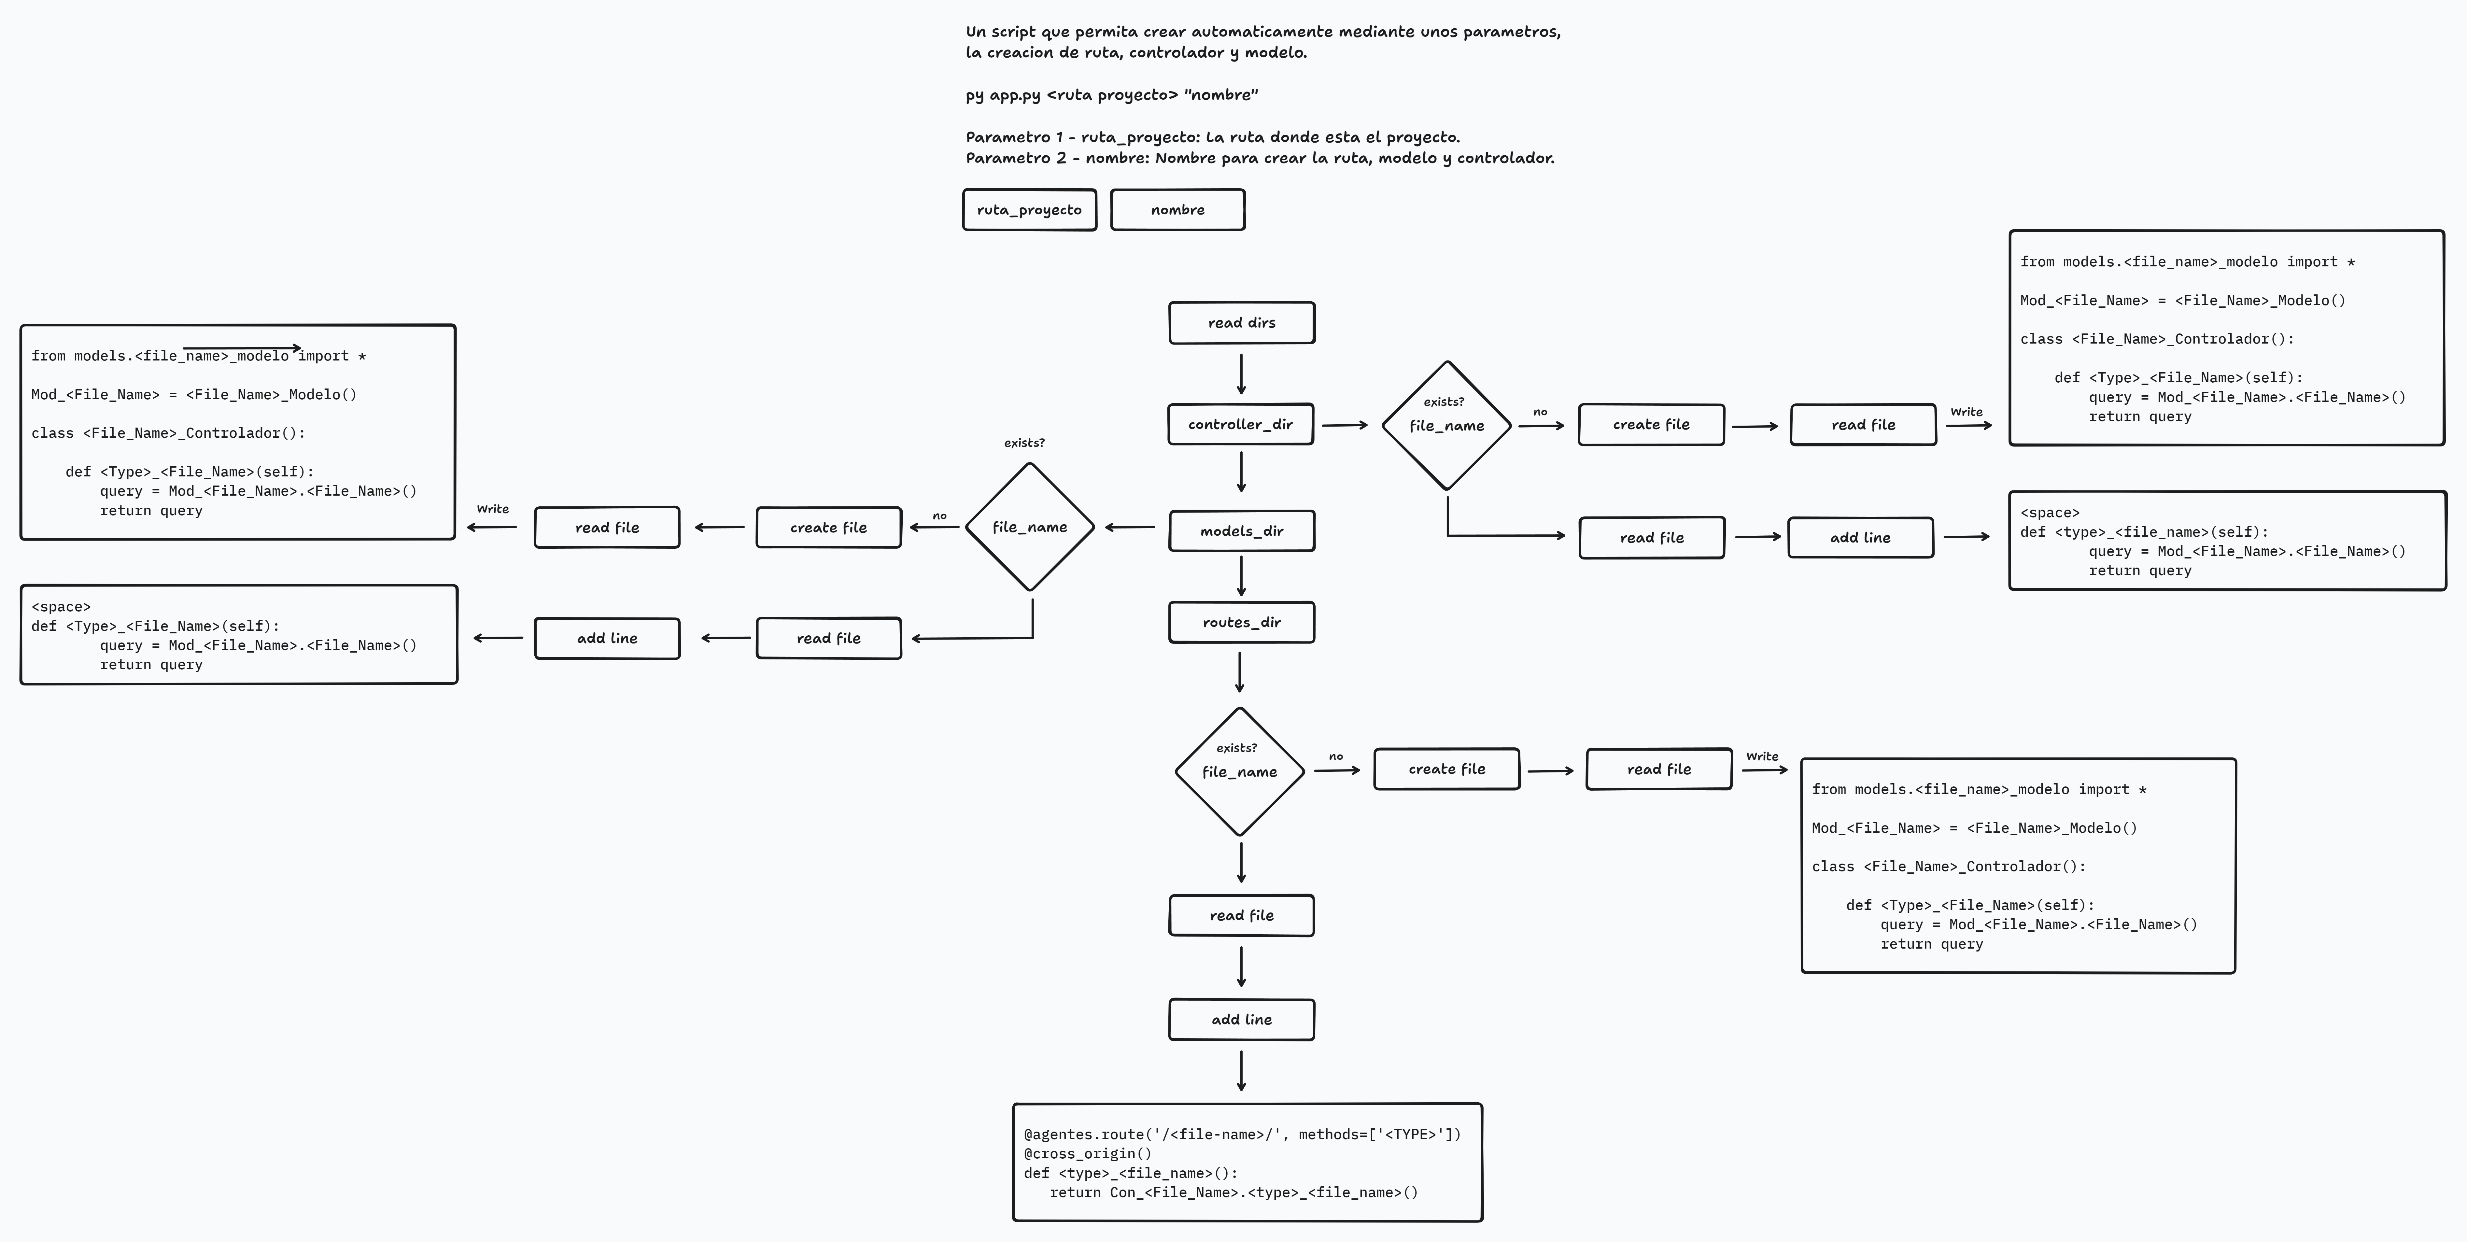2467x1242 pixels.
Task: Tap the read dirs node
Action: pyautogui.click(x=1241, y=323)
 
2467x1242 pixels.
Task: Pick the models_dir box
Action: pyautogui.click(x=1241, y=530)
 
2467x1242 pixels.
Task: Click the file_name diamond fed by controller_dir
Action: pyautogui.click(x=1446, y=425)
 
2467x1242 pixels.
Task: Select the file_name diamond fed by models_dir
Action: pyautogui.click(x=1030, y=527)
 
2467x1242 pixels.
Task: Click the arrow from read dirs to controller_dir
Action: pyautogui.click(x=1241, y=374)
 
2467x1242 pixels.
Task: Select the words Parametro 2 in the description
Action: pyautogui.click(x=1015, y=158)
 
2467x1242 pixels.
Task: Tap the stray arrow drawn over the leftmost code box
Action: pyautogui.click(x=241, y=347)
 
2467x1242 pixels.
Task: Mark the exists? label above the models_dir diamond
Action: pyautogui.click(x=1024, y=443)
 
